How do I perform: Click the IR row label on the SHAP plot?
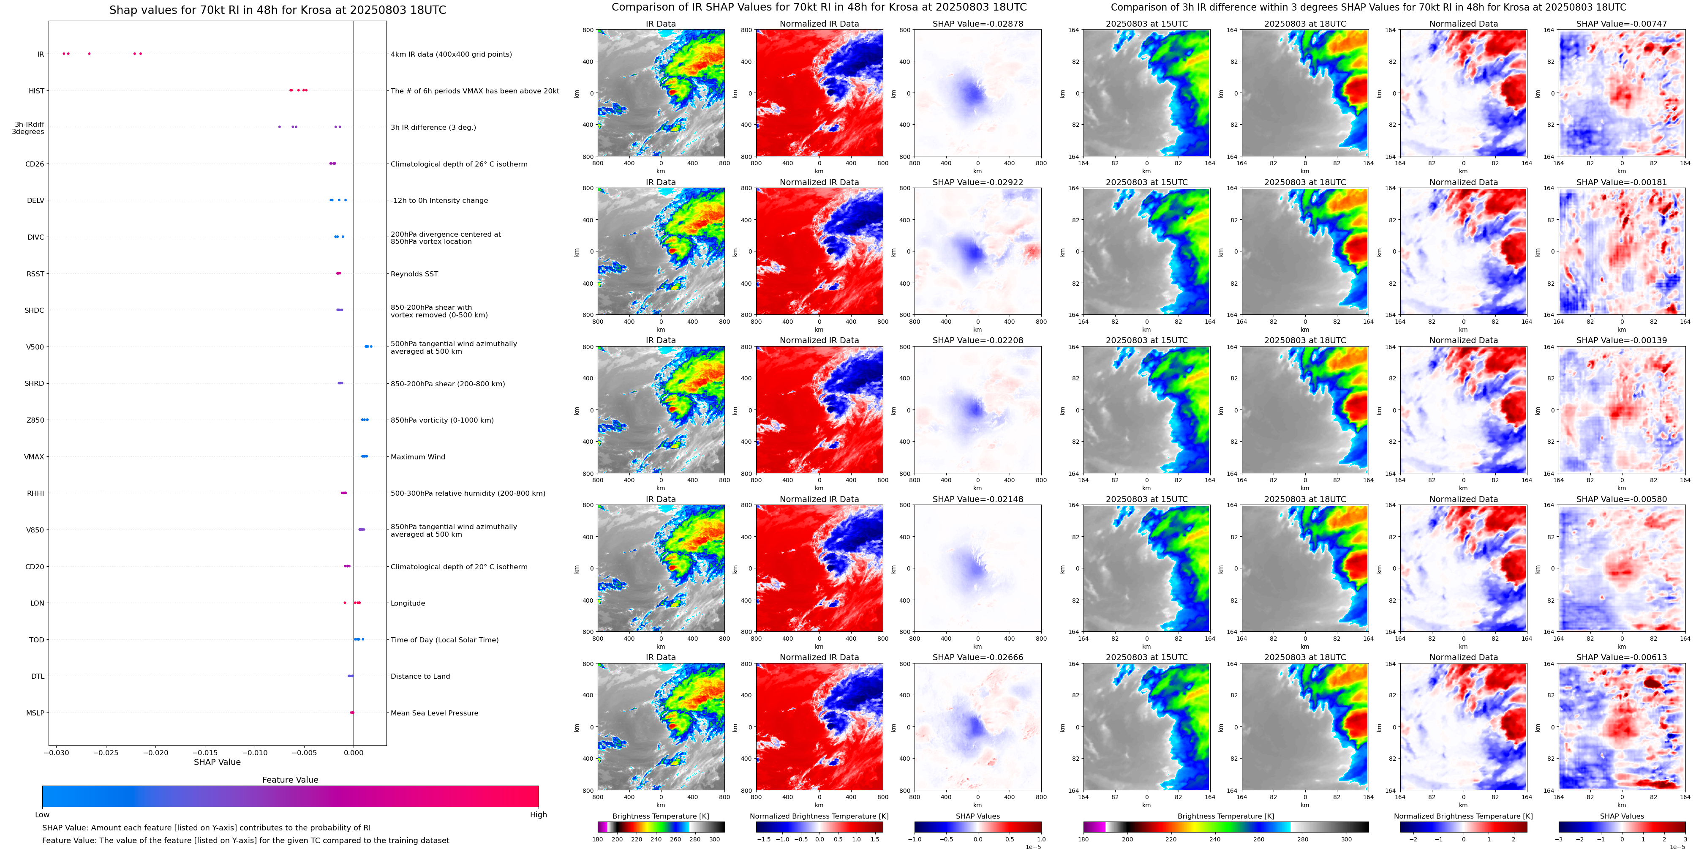(x=40, y=54)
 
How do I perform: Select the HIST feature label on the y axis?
(x=36, y=91)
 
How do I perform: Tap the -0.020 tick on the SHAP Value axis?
(x=156, y=752)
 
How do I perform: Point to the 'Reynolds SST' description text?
(x=414, y=274)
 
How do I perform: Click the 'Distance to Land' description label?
(x=420, y=677)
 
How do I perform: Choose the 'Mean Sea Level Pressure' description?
(x=434, y=713)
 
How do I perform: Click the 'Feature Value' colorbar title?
(x=290, y=780)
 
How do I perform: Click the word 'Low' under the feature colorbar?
(x=42, y=815)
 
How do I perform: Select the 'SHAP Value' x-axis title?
(x=217, y=762)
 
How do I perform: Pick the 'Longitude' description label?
(x=408, y=603)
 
